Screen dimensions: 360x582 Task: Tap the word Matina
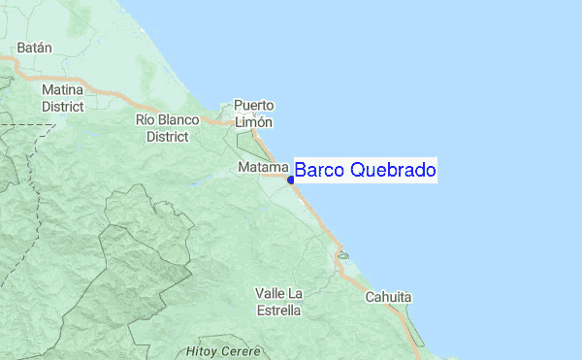pos(62,89)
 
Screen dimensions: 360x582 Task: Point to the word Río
pos(146,120)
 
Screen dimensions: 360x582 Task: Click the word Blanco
pos(180,120)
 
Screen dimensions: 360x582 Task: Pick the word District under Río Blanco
pos(167,137)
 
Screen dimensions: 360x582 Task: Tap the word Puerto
pos(254,106)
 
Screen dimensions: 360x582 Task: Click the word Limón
pos(254,122)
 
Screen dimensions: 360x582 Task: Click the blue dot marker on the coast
pos(291,179)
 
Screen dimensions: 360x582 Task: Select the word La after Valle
pos(296,294)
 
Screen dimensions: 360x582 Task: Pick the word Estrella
pos(278,311)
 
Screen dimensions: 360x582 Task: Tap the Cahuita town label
pos(388,297)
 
